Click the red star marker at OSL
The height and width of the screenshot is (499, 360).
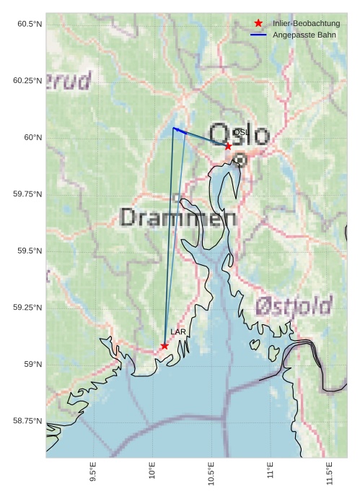[x=228, y=146]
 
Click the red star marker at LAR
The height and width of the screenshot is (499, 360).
[x=164, y=346]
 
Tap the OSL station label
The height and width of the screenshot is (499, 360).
[x=241, y=133]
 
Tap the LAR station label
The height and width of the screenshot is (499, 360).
[x=177, y=331]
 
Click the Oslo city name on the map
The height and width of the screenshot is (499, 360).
[x=240, y=135]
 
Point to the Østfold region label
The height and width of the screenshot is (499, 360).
[x=293, y=305]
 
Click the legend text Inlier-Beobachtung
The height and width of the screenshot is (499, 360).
[x=306, y=24]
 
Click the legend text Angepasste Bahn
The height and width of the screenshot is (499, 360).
[x=304, y=35]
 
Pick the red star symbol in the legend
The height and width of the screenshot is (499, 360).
[x=258, y=23]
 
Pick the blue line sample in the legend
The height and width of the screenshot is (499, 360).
[x=258, y=35]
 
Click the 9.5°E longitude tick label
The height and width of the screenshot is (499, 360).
[x=93, y=472]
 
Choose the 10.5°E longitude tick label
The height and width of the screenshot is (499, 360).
[x=211, y=473]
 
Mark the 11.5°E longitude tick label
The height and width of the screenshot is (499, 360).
[x=330, y=473]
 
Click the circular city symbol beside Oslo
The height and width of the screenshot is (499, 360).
[x=240, y=160]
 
